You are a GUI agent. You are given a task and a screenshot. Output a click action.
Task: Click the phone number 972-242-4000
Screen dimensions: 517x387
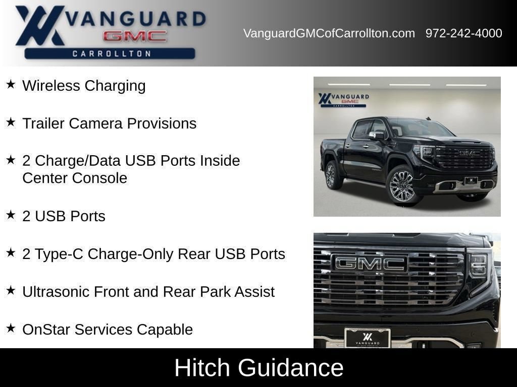point(463,33)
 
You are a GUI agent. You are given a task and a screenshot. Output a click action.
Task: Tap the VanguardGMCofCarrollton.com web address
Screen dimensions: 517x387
point(329,33)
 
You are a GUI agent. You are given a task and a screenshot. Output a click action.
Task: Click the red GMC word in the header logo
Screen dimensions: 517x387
point(134,36)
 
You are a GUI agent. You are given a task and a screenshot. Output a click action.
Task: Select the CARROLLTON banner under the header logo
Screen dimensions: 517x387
point(110,53)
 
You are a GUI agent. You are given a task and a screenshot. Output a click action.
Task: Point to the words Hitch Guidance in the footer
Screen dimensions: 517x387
point(259,367)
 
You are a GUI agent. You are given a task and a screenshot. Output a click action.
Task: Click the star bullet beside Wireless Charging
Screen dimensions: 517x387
point(11,84)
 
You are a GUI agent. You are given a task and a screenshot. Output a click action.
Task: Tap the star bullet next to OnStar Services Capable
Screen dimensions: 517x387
point(11,328)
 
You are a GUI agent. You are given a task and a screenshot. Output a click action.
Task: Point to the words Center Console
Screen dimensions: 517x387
point(75,178)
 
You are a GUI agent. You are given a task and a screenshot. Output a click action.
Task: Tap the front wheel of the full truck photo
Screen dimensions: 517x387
point(402,186)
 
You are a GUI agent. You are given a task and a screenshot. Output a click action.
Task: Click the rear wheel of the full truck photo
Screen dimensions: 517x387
point(331,175)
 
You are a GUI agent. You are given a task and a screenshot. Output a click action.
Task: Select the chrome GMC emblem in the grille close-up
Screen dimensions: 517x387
point(370,264)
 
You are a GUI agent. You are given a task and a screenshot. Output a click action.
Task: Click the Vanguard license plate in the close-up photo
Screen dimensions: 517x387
point(368,338)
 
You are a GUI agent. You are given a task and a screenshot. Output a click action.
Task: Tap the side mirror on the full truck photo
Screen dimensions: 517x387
point(377,135)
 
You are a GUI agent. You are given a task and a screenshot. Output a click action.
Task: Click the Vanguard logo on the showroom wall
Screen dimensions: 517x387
point(343,100)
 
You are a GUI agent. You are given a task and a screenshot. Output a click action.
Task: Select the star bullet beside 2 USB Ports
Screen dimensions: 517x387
point(11,215)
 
